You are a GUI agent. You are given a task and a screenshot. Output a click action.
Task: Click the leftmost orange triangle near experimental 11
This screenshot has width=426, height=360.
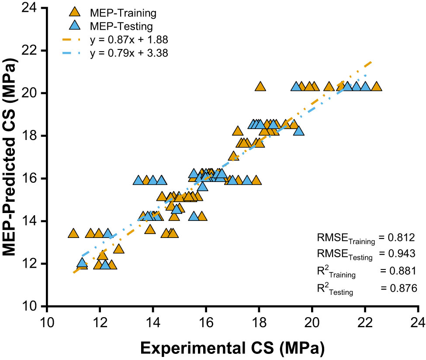73,234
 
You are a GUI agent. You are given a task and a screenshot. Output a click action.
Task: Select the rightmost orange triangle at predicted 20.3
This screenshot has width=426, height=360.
376,87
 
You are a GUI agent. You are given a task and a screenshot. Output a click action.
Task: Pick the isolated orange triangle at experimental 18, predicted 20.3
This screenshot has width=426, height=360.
260,87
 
